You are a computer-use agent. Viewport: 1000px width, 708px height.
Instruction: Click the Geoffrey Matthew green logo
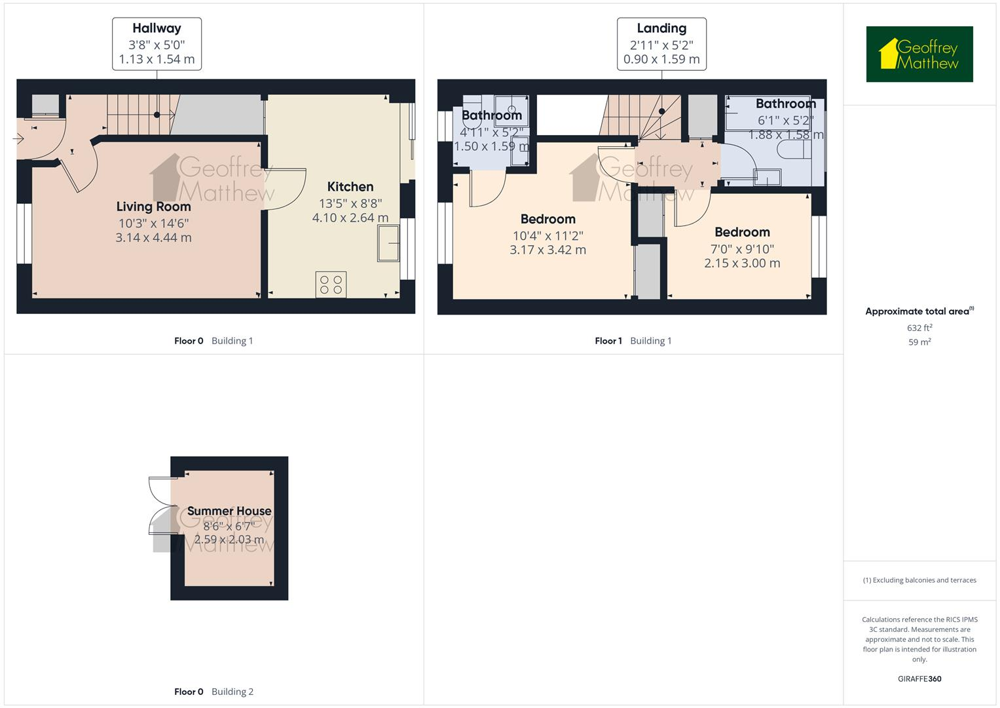(x=919, y=54)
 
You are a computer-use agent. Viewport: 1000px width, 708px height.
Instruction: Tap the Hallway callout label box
(x=157, y=44)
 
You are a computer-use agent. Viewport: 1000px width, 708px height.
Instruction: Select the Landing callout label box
(x=661, y=44)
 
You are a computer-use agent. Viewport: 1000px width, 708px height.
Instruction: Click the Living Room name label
(x=154, y=206)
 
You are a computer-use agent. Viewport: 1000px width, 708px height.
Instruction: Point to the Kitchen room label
(x=350, y=187)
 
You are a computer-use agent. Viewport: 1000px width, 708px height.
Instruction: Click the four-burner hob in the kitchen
(x=331, y=285)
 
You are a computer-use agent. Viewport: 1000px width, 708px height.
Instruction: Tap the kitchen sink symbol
(x=388, y=244)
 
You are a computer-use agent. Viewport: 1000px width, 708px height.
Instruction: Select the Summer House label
(x=229, y=511)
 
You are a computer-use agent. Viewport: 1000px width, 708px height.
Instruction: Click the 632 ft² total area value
(x=919, y=328)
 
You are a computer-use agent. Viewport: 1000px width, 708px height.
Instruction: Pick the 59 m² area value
(x=919, y=342)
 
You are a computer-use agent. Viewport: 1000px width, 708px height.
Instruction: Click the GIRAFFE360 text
(x=919, y=678)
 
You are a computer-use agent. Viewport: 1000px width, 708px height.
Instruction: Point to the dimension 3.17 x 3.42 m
(x=547, y=250)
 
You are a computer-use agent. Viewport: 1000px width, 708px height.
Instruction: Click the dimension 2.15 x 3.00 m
(x=742, y=264)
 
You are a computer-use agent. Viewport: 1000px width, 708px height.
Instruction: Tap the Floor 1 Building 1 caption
(x=633, y=341)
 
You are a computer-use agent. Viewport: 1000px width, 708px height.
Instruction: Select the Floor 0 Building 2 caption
(x=213, y=692)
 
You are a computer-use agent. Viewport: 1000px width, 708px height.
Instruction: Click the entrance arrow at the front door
(x=18, y=139)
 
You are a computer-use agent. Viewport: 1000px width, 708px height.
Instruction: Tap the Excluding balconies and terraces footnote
(x=919, y=580)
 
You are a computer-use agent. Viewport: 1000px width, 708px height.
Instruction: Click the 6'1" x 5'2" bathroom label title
(x=785, y=104)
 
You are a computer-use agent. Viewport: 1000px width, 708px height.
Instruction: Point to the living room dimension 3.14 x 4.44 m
(x=154, y=238)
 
